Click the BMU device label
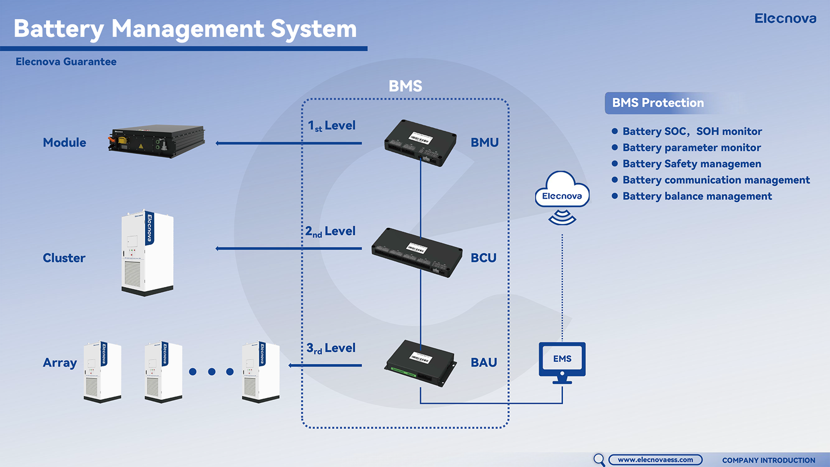485,143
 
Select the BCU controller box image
417,252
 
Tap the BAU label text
483,363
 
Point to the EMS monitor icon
562,361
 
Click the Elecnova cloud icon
562,192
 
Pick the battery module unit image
157,141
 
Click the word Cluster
64,258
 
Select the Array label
60,363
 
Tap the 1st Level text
331,126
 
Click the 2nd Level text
330,231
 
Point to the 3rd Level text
330,348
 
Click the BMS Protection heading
658,103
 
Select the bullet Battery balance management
697,196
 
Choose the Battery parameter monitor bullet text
691,148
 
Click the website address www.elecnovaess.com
655,460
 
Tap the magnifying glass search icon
599,459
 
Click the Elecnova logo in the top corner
785,19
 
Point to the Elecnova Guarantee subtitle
66,62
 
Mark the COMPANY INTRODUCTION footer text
768,460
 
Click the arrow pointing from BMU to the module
288,143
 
